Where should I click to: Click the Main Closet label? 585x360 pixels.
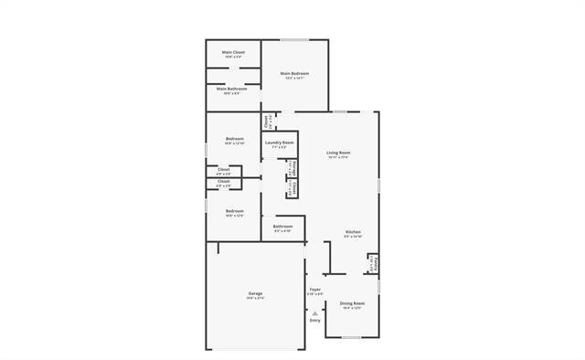click(x=233, y=52)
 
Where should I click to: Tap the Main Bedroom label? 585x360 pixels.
click(x=294, y=73)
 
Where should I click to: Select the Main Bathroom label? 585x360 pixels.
click(x=233, y=89)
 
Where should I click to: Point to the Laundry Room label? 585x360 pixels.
click(x=279, y=143)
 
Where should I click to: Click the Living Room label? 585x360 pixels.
click(x=339, y=153)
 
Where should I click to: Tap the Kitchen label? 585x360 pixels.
click(x=353, y=232)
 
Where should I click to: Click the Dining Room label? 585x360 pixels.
click(x=352, y=302)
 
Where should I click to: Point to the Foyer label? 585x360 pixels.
click(x=314, y=290)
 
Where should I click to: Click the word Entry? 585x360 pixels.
click(x=314, y=321)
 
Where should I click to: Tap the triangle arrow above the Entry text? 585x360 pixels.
click(x=314, y=312)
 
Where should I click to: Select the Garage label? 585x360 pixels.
click(x=255, y=293)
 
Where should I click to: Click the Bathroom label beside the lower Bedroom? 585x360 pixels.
click(x=282, y=227)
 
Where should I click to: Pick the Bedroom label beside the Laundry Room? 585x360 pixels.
click(x=234, y=139)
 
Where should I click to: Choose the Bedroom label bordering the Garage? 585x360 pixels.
click(x=234, y=211)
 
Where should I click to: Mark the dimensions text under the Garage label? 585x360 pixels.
click(x=255, y=299)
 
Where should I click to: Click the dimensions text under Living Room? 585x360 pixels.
click(x=339, y=158)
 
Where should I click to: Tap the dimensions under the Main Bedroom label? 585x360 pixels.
click(x=294, y=79)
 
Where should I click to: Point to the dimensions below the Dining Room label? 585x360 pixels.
click(x=352, y=308)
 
